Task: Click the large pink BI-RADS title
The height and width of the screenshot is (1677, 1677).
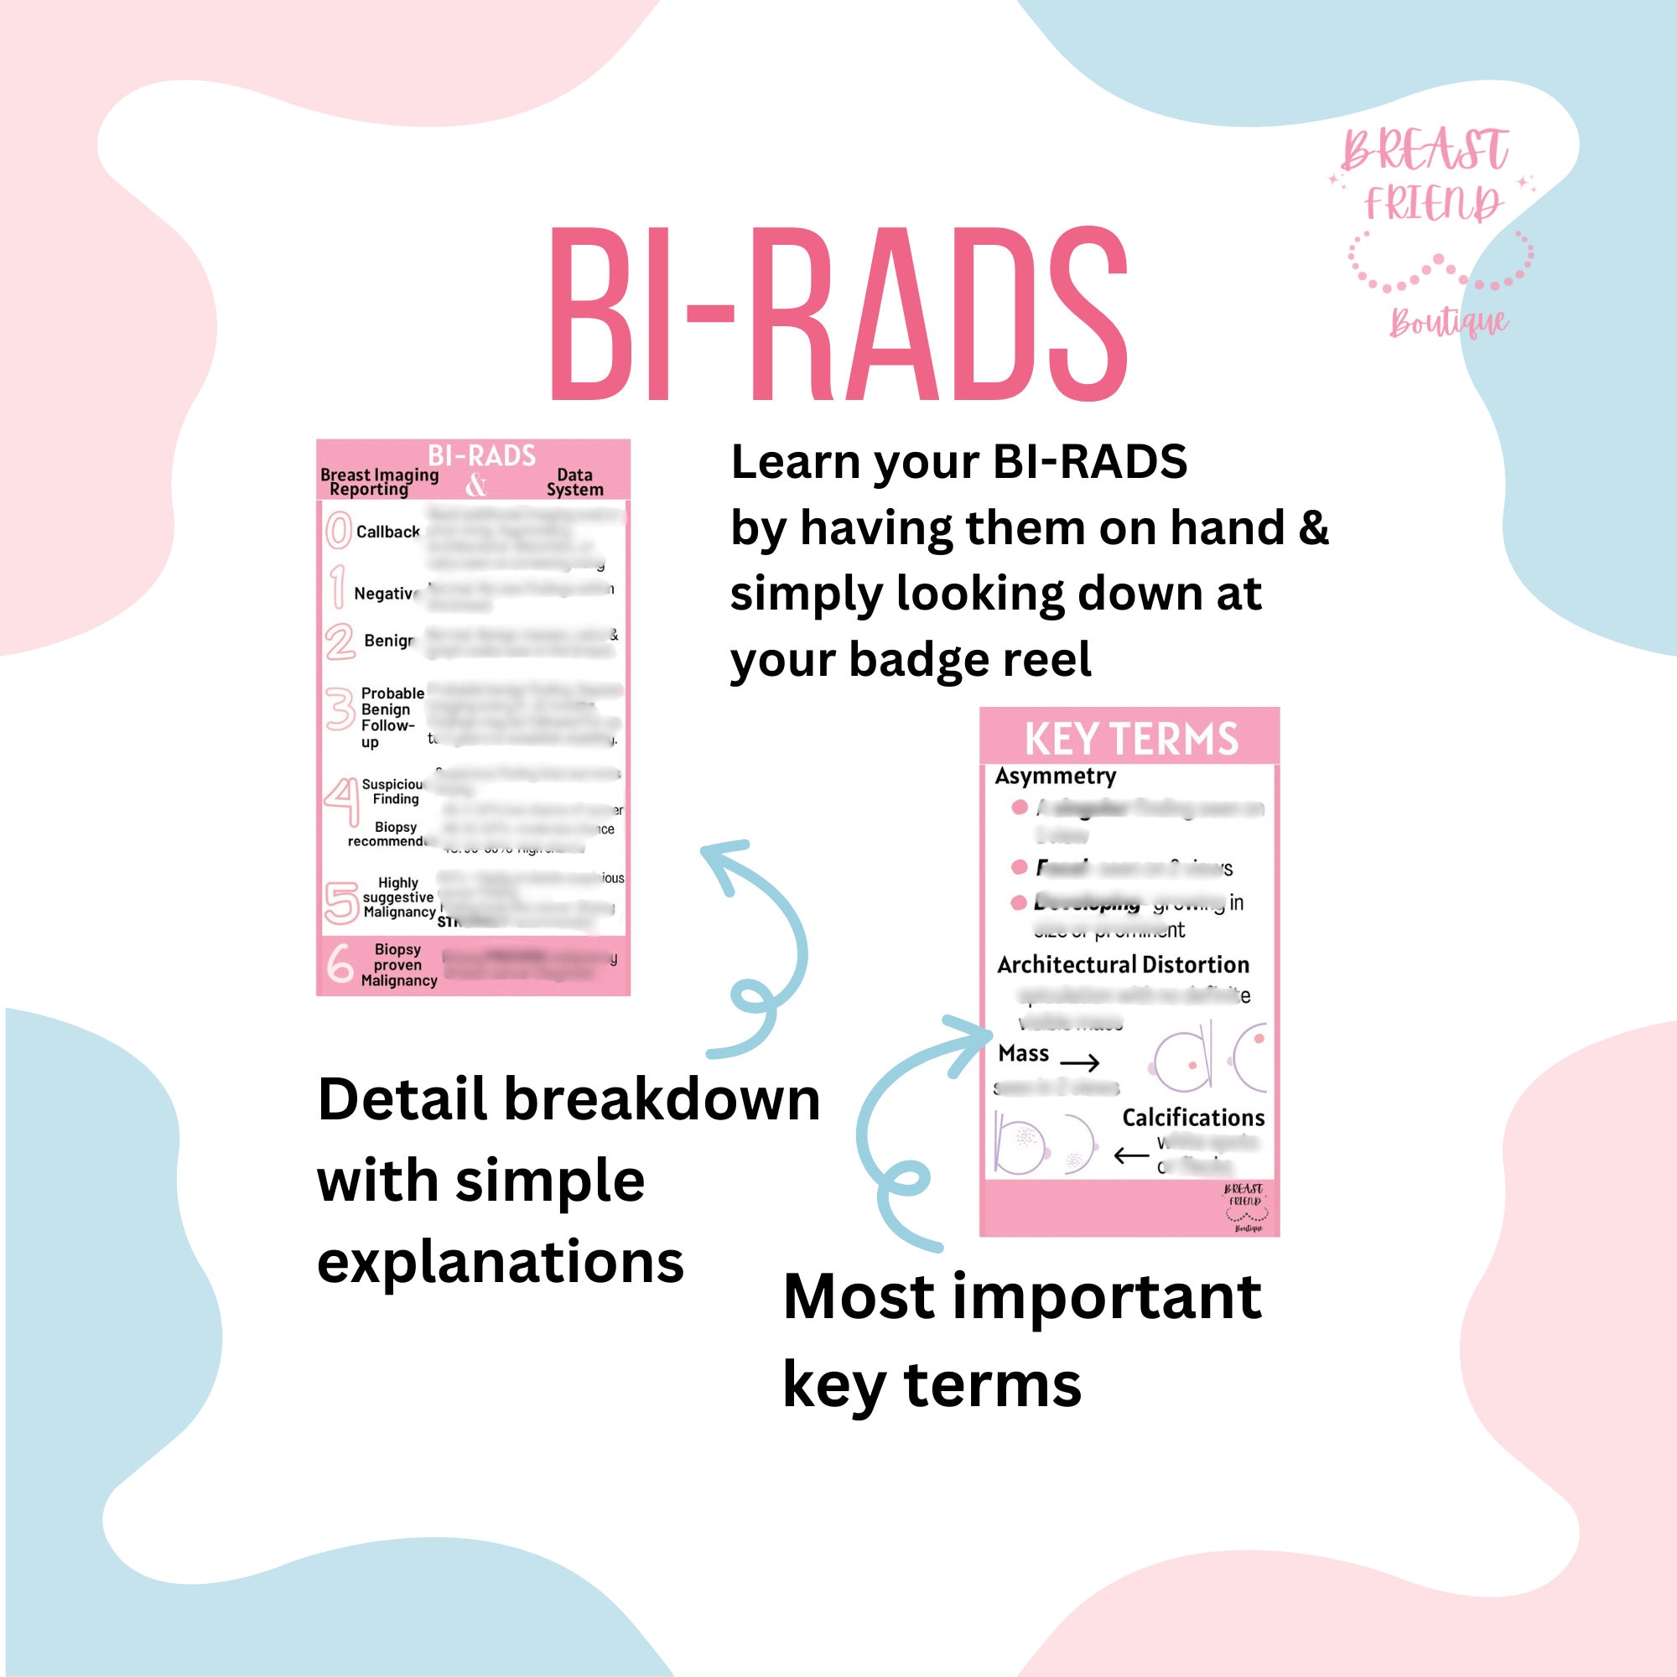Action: [x=838, y=314]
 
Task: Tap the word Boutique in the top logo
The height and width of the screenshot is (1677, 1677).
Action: [x=1448, y=323]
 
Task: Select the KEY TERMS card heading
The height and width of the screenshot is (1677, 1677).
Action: [x=1131, y=740]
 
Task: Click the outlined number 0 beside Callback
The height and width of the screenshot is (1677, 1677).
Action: [x=338, y=531]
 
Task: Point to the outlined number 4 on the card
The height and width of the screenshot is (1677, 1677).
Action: [x=342, y=800]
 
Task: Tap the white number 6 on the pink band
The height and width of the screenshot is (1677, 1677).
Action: [x=340, y=963]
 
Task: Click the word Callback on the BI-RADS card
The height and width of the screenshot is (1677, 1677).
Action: [x=387, y=532]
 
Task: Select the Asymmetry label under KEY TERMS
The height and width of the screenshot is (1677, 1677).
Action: [x=1055, y=776]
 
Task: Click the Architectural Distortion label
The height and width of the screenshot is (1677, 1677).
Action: [x=1123, y=964]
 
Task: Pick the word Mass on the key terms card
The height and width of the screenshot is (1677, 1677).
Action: [x=1023, y=1054]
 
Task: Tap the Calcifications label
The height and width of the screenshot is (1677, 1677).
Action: [x=1192, y=1117]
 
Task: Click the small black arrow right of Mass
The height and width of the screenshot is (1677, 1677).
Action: [x=1080, y=1062]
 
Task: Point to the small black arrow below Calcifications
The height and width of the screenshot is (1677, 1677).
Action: [x=1131, y=1155]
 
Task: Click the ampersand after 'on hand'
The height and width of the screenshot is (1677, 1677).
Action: [x=1313, y=527]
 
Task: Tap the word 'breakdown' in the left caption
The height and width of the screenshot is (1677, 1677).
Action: [x=662, y=1100]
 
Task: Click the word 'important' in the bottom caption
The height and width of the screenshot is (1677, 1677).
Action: [x=1108, y=1299]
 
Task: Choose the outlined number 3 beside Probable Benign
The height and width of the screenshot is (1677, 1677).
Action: [x=340, y=709]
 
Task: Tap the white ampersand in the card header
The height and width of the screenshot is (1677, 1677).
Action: [x=475, y=485]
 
